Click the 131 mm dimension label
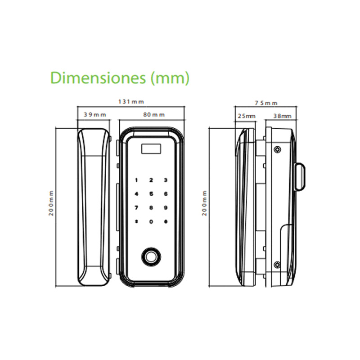[130, 102]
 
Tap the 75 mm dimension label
[265, 103]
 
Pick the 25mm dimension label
[246, 116]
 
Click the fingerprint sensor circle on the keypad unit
[152, 256]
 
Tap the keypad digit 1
[136, 180]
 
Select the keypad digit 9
[166, 207]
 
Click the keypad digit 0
[151, 221]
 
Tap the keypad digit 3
[166, 180]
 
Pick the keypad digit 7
[136, 207]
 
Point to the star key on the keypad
[136, 221]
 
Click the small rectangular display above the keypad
[151, 148]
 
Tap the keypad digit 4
[136, 194]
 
